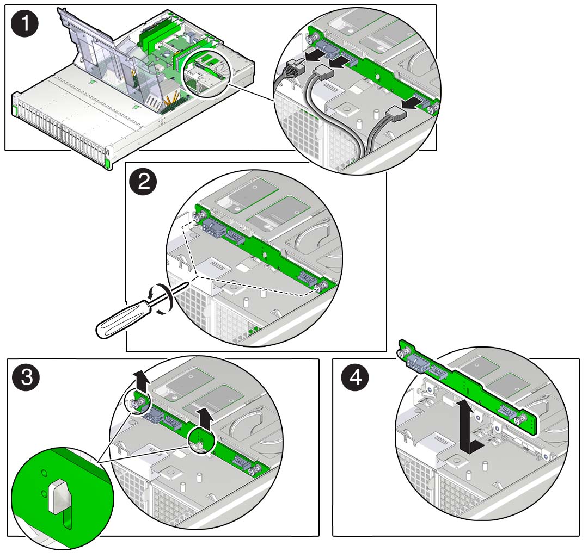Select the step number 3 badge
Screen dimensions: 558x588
point(26,379)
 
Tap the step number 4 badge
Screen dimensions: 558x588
point(354,379)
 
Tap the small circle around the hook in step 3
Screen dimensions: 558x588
point(199,442)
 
